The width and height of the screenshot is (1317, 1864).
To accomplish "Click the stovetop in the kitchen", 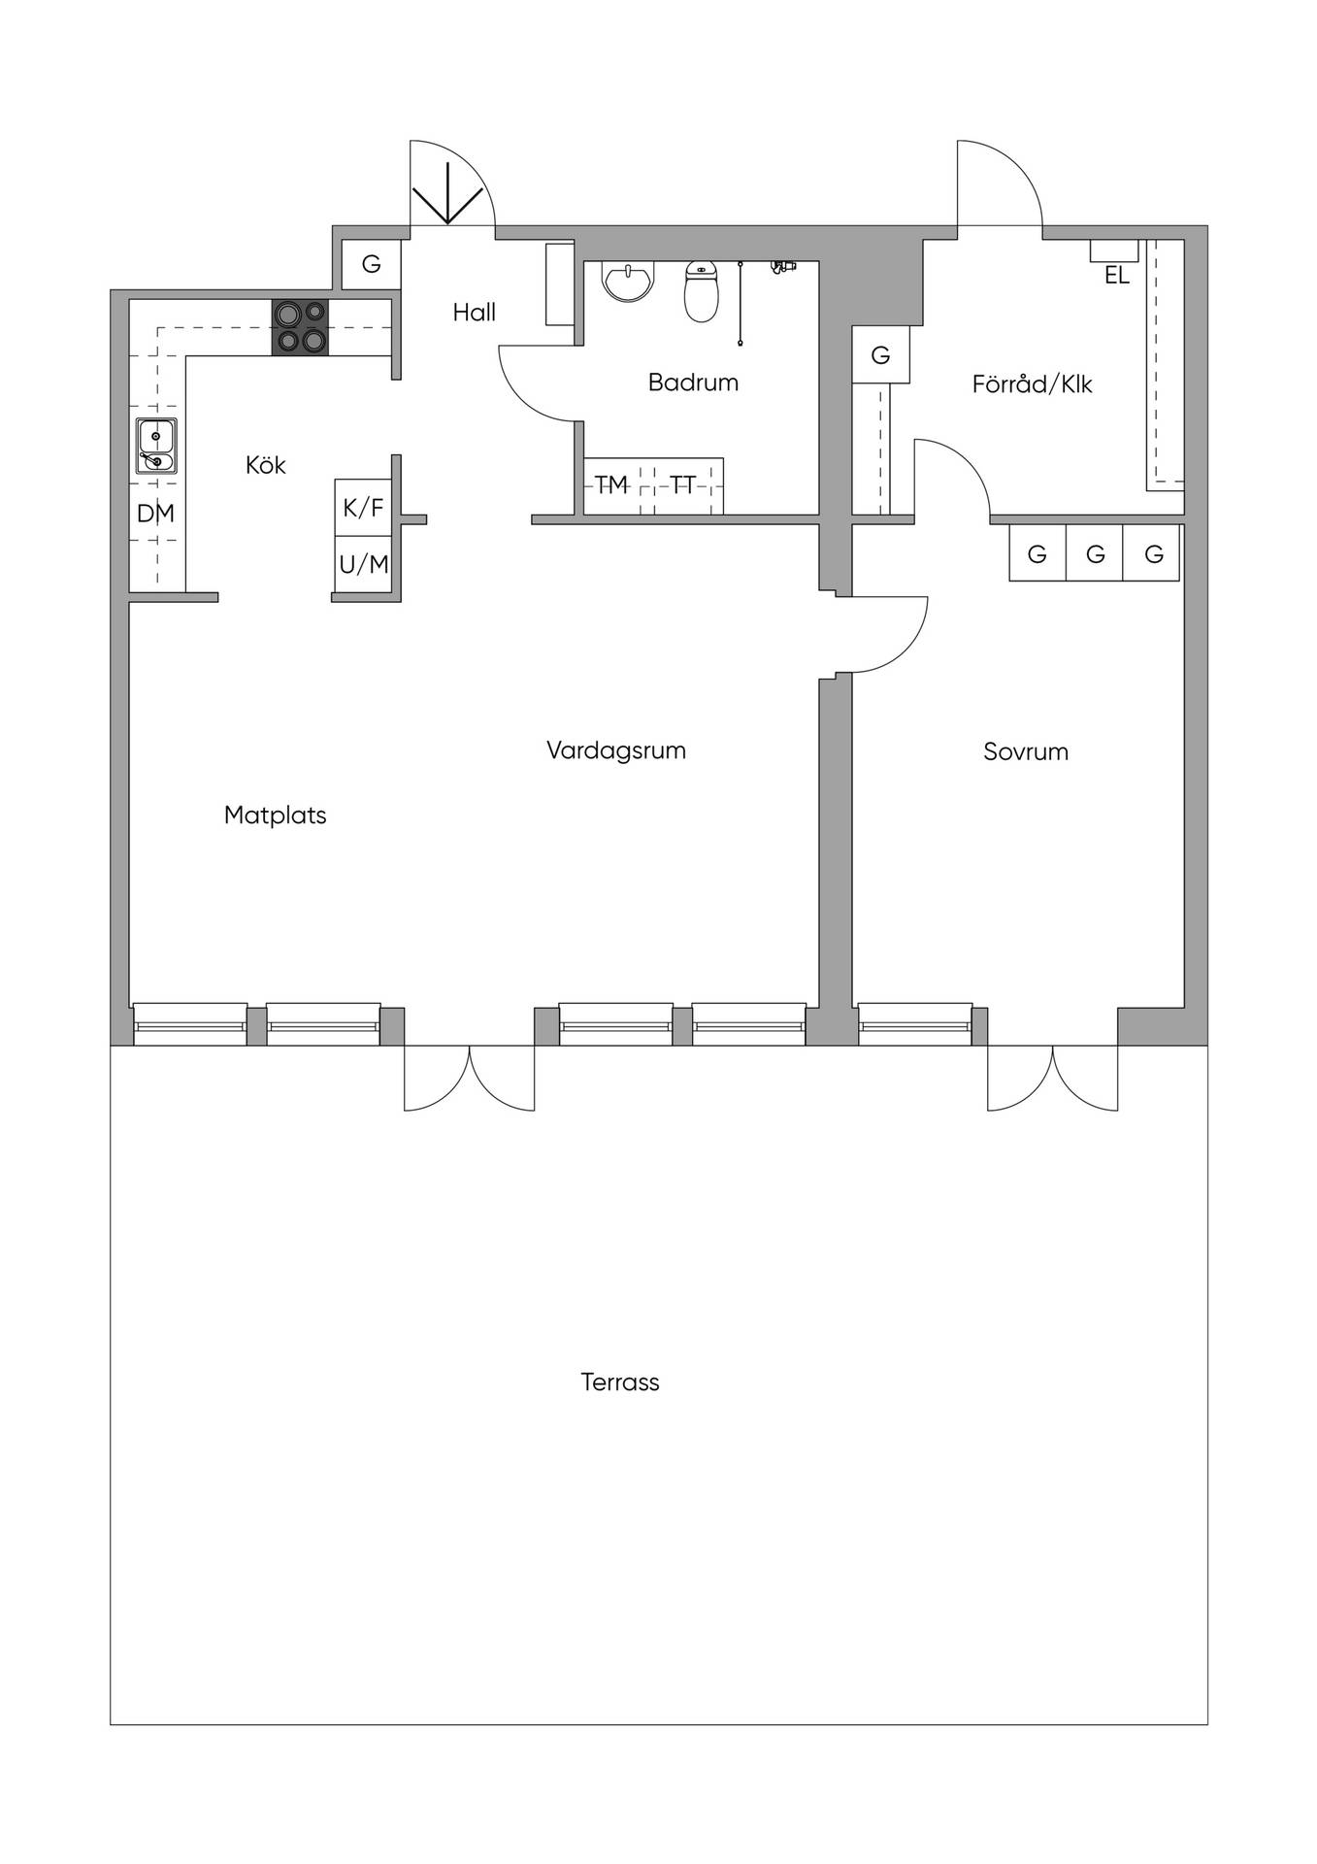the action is [x=300, y=327].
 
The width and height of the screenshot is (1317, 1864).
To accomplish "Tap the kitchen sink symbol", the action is [x=156, y=446].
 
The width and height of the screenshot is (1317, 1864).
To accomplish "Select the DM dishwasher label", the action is [x=155, y=514].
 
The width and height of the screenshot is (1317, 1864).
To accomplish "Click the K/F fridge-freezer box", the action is [x=364, y=507].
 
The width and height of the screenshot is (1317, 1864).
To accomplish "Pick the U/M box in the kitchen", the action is [x=364, y=564].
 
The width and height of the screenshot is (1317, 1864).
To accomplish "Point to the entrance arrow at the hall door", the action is [x=447, y=193].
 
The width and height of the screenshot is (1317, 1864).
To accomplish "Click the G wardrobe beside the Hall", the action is [x=372, y=263].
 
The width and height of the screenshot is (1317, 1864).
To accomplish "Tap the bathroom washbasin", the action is [x=629, y=281].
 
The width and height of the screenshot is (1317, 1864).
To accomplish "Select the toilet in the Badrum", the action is [x=702, y=291].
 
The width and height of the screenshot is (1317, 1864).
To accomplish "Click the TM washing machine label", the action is [x=611, y=484].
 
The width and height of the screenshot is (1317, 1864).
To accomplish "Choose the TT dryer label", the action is [x=682, y=484].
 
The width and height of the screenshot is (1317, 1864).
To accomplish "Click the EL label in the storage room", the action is [x=1117, y=276].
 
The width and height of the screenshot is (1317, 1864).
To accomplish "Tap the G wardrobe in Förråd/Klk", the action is [x=881, y=355].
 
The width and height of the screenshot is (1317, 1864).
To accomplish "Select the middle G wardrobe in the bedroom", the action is [x=1096, y=553].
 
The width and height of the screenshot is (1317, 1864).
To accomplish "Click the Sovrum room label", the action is [x=1026, y=751].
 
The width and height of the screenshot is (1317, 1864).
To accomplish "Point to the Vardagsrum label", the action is [x=616, y=750].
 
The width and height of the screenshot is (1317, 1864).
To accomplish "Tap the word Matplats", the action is [x=276, y=815].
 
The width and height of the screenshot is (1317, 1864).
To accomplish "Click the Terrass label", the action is [x=620, y=1382].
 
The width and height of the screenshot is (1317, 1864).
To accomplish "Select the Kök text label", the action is [x=266, y=465].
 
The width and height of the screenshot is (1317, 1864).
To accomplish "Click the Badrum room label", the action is [x=693, y=383].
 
